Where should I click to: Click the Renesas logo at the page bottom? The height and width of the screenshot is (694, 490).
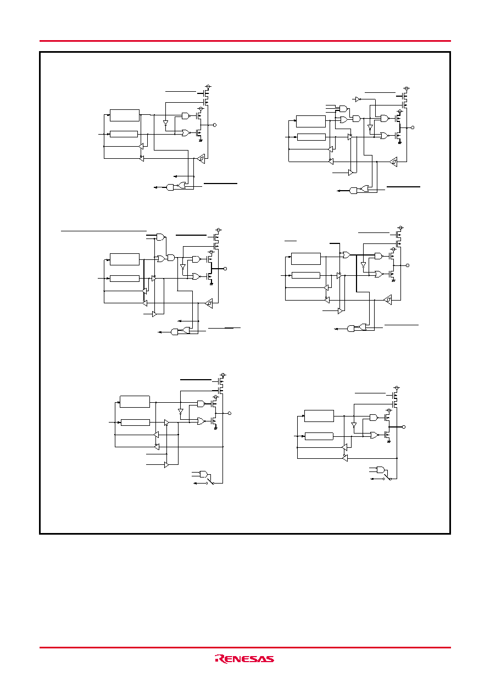coord(244,659)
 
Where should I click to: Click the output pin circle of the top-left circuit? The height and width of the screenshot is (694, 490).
coord(215,125)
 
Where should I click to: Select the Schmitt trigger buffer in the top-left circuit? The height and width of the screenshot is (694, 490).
coord(201,158)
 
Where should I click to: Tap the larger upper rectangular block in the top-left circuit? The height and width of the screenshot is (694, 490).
coord(125,115)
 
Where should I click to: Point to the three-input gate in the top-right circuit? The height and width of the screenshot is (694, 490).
coord(343,108)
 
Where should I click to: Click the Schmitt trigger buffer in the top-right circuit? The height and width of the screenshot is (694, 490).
coord(393,162)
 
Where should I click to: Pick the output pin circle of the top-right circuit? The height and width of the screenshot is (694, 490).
coord(412,127)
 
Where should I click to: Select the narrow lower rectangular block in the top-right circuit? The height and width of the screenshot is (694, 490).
coord(311,137)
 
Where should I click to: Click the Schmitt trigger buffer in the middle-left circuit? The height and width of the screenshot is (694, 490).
coord(209,303)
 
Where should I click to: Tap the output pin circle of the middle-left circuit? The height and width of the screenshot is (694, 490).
coord(225,269)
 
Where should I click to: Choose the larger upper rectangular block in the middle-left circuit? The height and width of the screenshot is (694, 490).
coord(125,259)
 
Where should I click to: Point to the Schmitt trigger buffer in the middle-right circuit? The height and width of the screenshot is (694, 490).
coord(388,300)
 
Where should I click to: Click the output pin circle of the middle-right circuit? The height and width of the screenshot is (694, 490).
coord(408,265)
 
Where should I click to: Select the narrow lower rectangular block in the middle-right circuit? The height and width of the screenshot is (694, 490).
coord(306,275)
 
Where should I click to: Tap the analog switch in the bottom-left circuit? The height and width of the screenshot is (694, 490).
coord(210,481)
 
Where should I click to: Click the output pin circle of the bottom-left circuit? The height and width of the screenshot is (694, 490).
coord(230,413)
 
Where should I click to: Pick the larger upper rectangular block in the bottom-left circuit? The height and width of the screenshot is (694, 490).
coord(135,402)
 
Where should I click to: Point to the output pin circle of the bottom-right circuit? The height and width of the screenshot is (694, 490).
coord(404,427)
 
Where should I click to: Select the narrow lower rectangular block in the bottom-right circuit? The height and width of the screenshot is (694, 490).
coord(319,436)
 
